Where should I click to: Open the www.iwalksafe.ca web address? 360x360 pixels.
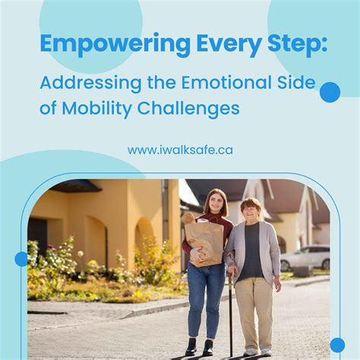[180, 150]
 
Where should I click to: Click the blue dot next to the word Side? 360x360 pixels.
[330, 92]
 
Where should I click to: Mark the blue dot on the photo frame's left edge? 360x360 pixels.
[21, 259]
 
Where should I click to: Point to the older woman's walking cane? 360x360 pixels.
[230, 311]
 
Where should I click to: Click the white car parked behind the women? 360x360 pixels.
[305, 257]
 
